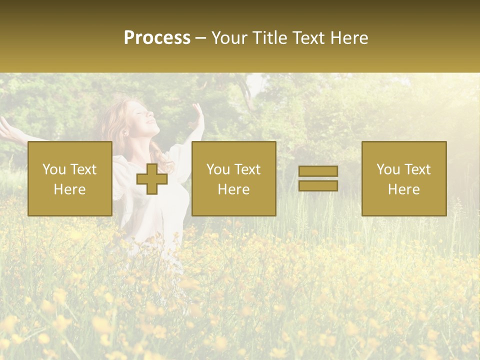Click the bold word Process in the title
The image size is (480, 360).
tap(157, 38)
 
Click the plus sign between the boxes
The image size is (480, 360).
tap(152, 179)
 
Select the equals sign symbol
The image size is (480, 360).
tap(318, 178)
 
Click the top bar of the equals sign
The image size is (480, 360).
tap(318, 171)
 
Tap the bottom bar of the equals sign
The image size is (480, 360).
tap(318, 185)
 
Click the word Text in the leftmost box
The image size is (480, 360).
tap(83, 169)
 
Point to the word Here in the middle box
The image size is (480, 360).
tap(233, 189)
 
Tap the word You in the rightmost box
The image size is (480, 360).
tap(388, 169)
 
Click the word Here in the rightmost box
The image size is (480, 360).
tap(403, 189)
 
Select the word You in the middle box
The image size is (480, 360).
tap(218, 169)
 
